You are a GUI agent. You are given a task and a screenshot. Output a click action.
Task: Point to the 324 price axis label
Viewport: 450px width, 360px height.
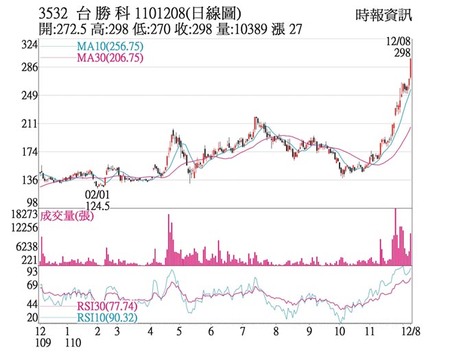pos(29,45)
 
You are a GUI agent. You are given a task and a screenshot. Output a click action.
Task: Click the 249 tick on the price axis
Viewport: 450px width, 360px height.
pos(29,96)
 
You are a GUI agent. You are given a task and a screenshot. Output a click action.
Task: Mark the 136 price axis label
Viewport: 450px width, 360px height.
pos(29,181)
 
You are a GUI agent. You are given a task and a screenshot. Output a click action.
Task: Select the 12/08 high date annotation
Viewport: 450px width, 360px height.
pos(399,43)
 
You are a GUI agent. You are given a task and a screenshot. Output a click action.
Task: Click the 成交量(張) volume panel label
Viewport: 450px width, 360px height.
pos(67,216)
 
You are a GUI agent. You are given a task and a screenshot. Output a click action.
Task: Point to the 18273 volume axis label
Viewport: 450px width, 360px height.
pos(23,215)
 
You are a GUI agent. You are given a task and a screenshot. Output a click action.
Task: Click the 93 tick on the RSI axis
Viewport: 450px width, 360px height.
pos(31,272)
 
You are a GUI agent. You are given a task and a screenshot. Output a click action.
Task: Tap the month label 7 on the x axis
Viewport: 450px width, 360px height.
pos(243,331)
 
